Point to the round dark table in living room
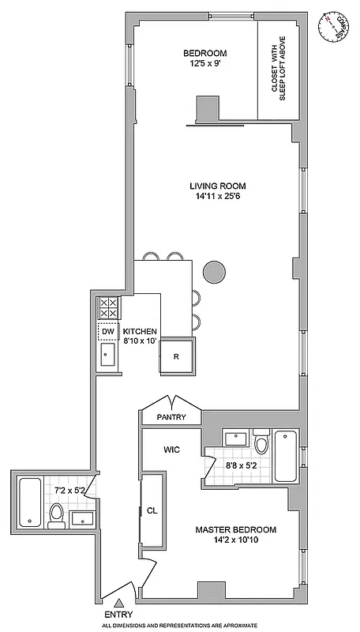[x=214, y=272]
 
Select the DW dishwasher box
[x=107, y=332]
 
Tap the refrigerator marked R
[x=177, y=356]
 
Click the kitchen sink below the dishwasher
[x=107, y=357]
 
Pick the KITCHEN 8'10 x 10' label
[x=140, y=337]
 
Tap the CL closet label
[x=152, y=510]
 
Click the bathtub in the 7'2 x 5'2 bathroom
[x=30, y=502]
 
